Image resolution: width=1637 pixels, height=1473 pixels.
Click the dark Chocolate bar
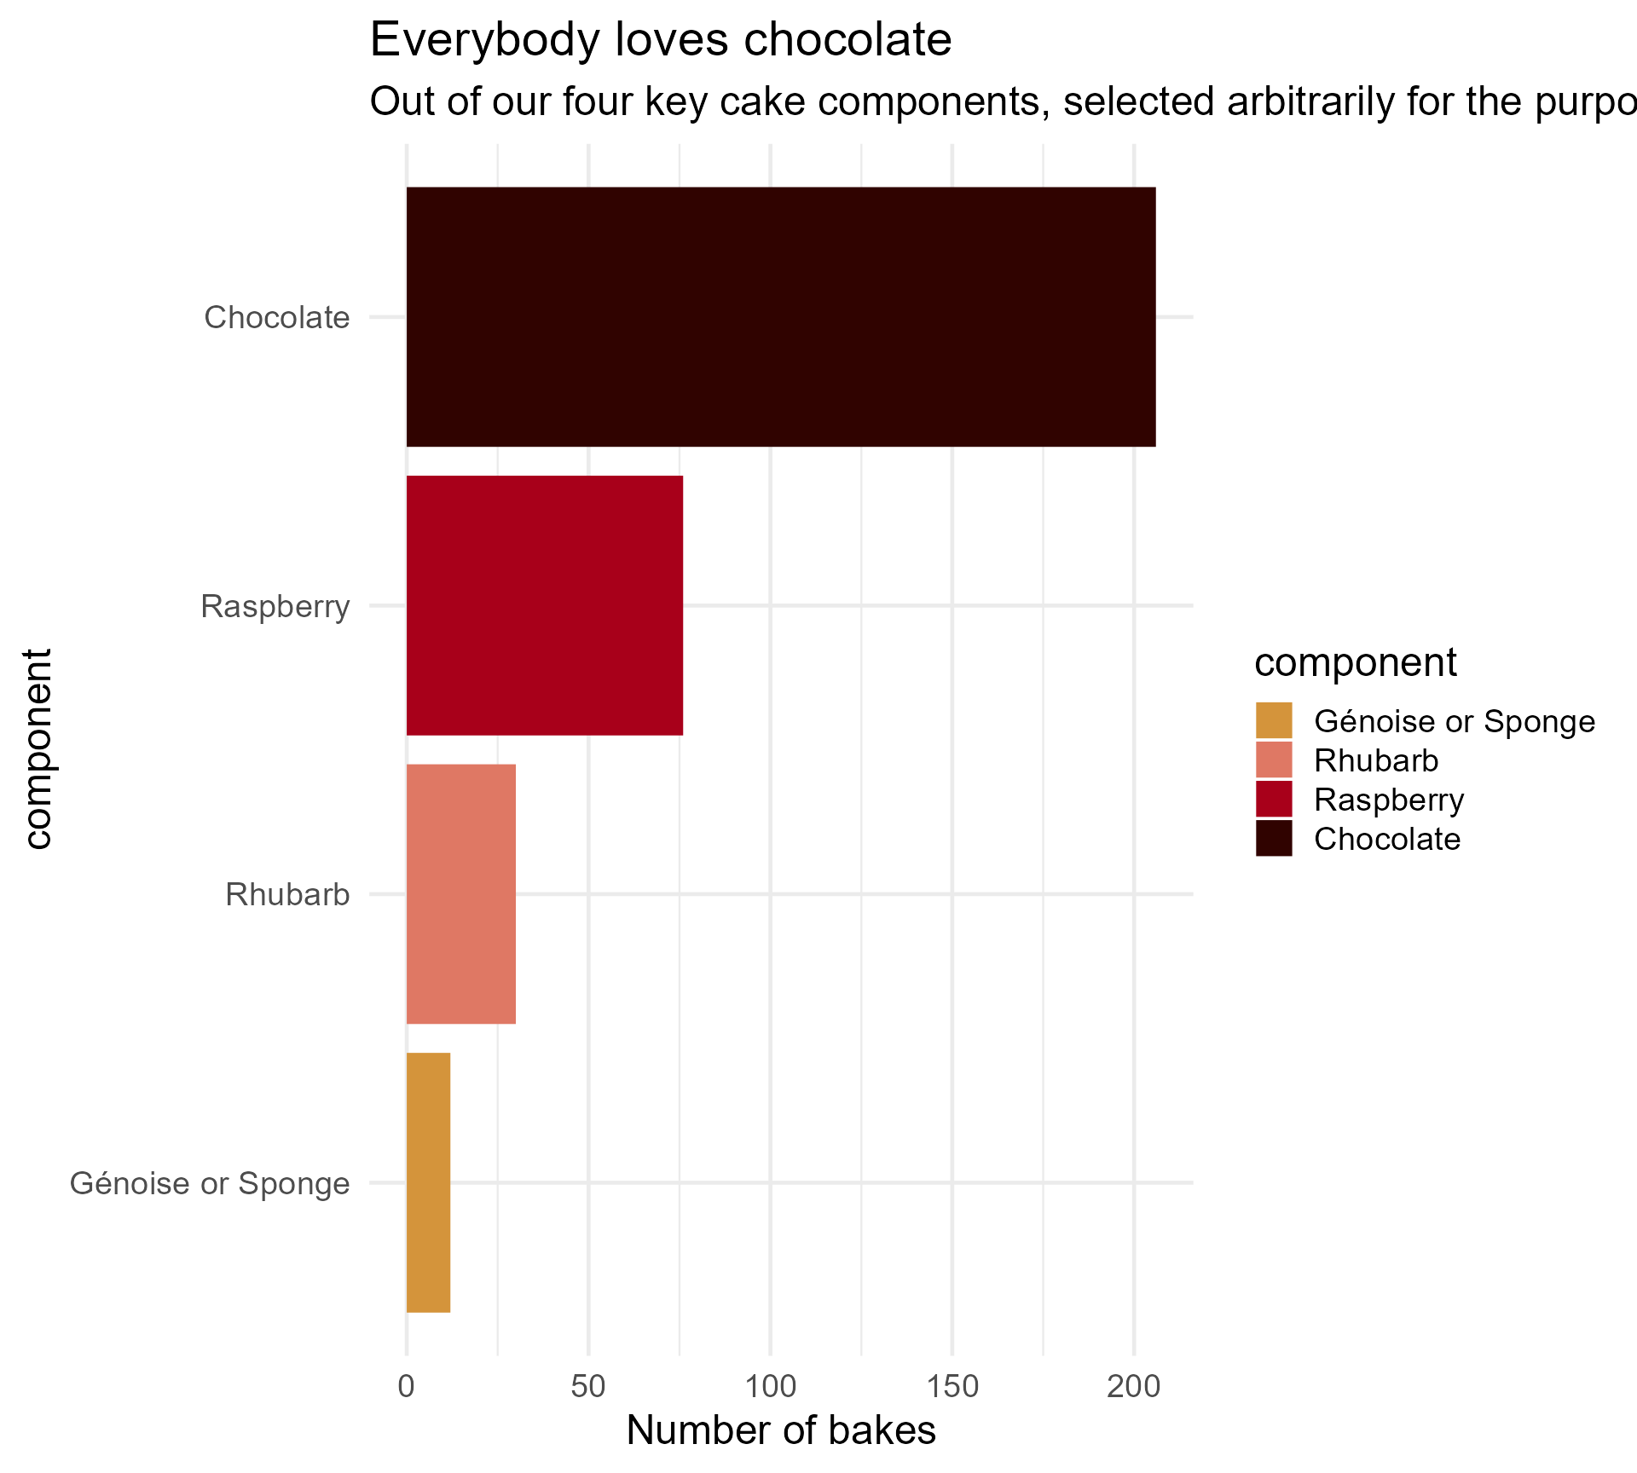pyautogui.click(x=780, y=316)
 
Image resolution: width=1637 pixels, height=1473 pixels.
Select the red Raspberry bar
pyautogui.click(x=544, y=605)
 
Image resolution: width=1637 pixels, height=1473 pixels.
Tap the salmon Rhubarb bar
pyautogui.click(x=460, y=893)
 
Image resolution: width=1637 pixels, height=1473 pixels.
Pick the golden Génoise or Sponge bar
pyautogui.click(x=428, y=1182)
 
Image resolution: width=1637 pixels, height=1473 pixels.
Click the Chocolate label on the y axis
pyautogui.click(x=277, y=317)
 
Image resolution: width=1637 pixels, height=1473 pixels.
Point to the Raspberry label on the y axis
pyautogui.click(x=275, y=606)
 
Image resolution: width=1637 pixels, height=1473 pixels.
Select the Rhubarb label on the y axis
pyautogui.click(x=287, y=894)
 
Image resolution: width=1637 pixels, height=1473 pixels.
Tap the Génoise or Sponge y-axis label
pyautogui.click(x=210, y=1183)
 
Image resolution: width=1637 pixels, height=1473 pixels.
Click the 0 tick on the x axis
pyautogui.click(x=407, y=1387)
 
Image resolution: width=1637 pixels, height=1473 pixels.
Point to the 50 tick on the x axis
pyautogui.click(x=588, y=1387)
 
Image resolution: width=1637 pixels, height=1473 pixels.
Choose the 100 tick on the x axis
pyautogui.click(x=770, y=1387)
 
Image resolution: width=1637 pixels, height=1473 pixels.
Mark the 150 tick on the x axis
pyautogui.click(x=952, y=1387)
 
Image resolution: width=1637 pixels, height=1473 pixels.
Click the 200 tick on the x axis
pyautogui.click(x=1134, y=1387)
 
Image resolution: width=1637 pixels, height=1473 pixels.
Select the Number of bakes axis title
pyautogui.click(x=781, y=1430)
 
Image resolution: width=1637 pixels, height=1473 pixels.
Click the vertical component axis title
pyautogui.click(x=38, y=749)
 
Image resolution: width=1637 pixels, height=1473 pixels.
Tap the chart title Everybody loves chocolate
pyautogui.click(x=661, y=40)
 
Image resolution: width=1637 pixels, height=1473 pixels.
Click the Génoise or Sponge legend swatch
pyautogui.click(x=1274, y=720)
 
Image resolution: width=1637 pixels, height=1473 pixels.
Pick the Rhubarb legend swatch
pyautogui.click(x=1274, y=760)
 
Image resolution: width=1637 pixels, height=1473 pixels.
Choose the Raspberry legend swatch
pyautogui.click(x=1274, y=799)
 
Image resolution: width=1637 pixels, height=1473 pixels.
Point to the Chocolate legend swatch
pyautogui.click(x=1274, y=838)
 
